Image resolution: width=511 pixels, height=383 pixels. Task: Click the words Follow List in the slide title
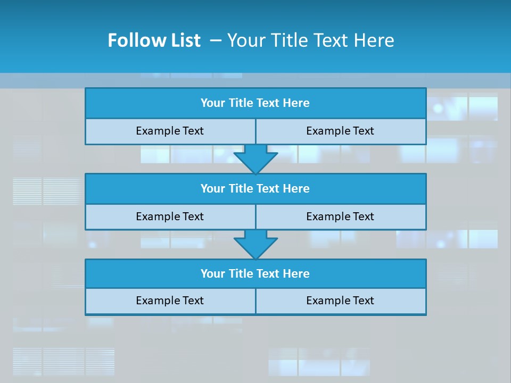tap(154, 40)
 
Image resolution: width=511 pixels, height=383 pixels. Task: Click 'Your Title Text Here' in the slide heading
tap(311, 40)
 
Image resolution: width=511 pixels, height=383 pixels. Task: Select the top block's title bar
tap(256, 103)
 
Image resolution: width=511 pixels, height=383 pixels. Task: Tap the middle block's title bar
tap(256, 189)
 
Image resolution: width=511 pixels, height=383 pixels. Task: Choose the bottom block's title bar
tap(256, 274)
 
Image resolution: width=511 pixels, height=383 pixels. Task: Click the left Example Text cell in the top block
tap(170, 131)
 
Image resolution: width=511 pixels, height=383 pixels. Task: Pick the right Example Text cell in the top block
tap(340, 131)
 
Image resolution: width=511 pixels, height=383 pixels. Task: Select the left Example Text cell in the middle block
tap(170, 217)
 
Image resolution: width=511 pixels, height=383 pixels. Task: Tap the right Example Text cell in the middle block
tap(340, 217)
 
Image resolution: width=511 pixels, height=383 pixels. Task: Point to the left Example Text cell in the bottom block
tap(170, 301)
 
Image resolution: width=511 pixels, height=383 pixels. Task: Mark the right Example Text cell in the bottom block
tap(340, 301)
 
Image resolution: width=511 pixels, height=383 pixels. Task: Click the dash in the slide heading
tap(216, 40)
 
